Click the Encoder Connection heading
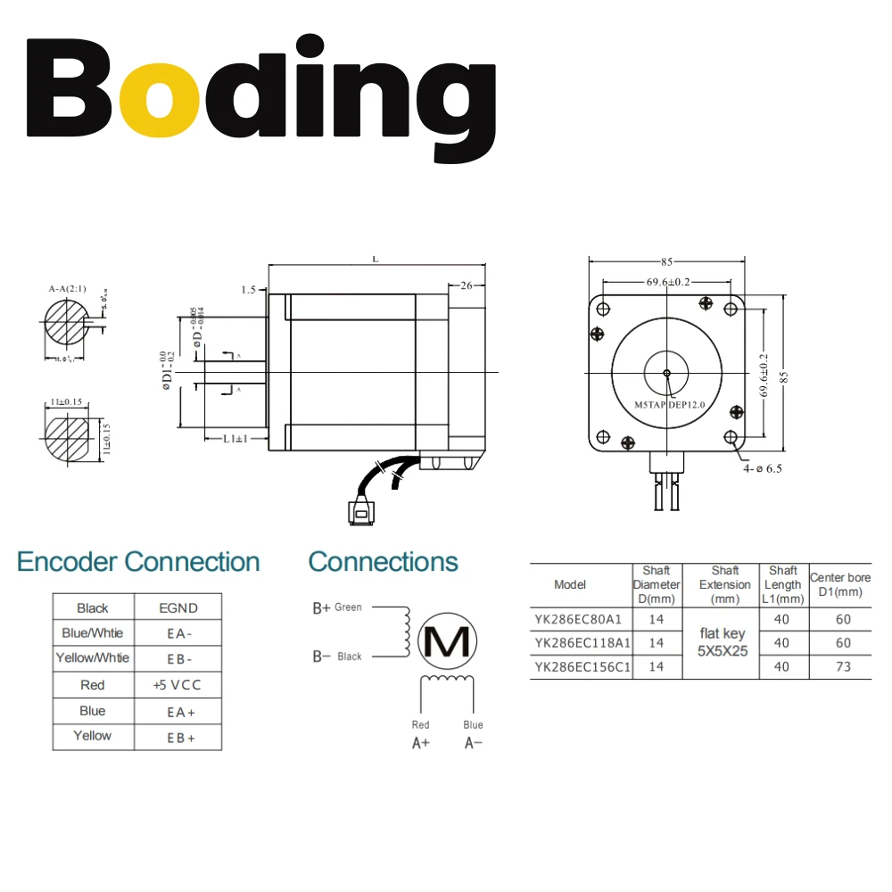coord(138,562)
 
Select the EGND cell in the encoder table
coord(178,608)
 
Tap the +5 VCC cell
coord(178,685)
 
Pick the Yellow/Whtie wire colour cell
coord(93,658)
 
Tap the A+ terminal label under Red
coord(421,743)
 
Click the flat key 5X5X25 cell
coord(722,642)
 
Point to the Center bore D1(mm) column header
coord(840,585)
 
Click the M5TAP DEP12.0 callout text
coord(670,405)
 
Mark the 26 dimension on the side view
coord(466,286)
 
